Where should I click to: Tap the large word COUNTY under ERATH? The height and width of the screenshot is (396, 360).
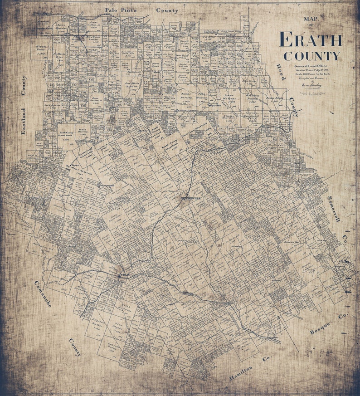[311, 56]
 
